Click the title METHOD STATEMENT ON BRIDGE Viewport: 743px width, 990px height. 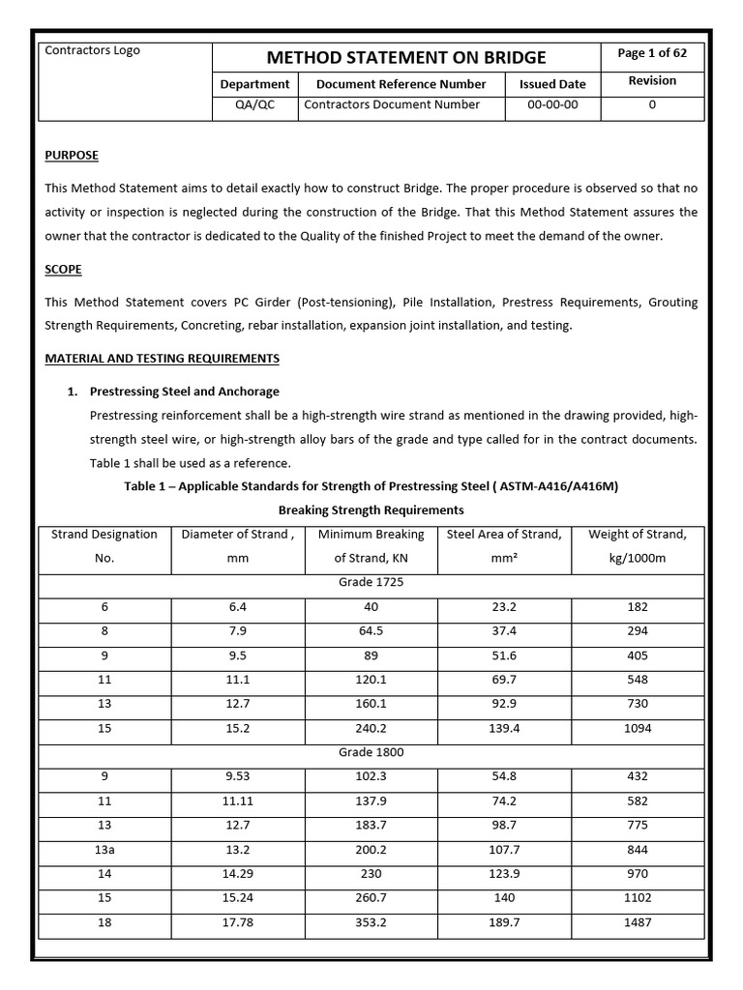click(x=405, y=57)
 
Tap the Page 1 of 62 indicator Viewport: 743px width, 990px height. click(x=652, y=53)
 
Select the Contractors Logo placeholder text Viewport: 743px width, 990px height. click(x=93, y=50)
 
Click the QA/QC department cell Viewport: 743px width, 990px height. click(x=254, y=104)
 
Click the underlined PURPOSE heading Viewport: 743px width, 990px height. click(x=72, y=155)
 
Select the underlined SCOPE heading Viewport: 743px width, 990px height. click(x=64, y=269)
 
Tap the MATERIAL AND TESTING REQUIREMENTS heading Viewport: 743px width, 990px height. click(x=163, y=358)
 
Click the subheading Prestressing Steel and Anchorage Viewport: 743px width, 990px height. click(x=184, y=392)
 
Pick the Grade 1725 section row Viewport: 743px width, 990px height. click(x=371, y=584)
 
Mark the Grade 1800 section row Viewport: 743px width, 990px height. click(x=371, y=752)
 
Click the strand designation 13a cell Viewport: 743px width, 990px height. click(x=104, y=850)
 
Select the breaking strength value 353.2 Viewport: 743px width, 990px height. click(x=371, y=922)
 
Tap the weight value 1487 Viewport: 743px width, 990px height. click(x=637, y=922)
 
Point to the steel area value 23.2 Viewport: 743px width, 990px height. click(x=504, y=607)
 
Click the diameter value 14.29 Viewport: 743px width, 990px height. click(x=238, y=874)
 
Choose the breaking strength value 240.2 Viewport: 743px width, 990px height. click(x=371, y=728)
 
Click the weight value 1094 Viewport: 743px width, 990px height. click(x=637, y=728)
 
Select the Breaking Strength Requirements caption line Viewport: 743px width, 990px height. click(x=371, y=510)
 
